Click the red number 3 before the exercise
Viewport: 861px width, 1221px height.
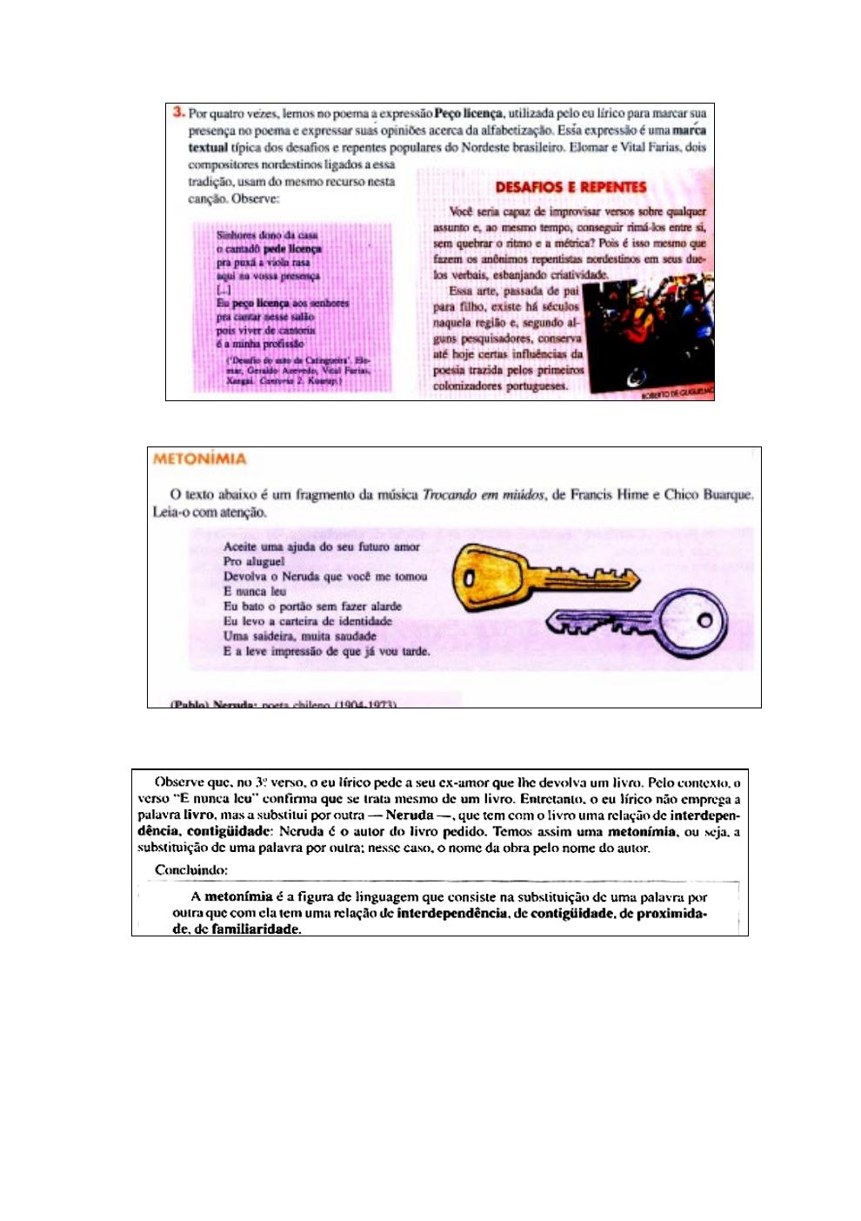click(x=178, y=112)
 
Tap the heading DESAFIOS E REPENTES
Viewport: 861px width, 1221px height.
click(x=571, y=187)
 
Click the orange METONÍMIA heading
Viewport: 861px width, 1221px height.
click(x=199, y=459)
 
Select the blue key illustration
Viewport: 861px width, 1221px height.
click(x=639, y=621)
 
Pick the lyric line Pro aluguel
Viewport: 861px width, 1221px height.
click(x=254, y=561)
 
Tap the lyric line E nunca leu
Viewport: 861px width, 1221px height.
click(x=255, y=591)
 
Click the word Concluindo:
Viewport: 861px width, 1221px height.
click(x=191, y=869)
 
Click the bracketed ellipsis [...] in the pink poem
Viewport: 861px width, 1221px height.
click(x=223, y=290)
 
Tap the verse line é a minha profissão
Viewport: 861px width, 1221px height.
click(x=260, y=344)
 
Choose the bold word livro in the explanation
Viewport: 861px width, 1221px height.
click(x=199, y=815)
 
